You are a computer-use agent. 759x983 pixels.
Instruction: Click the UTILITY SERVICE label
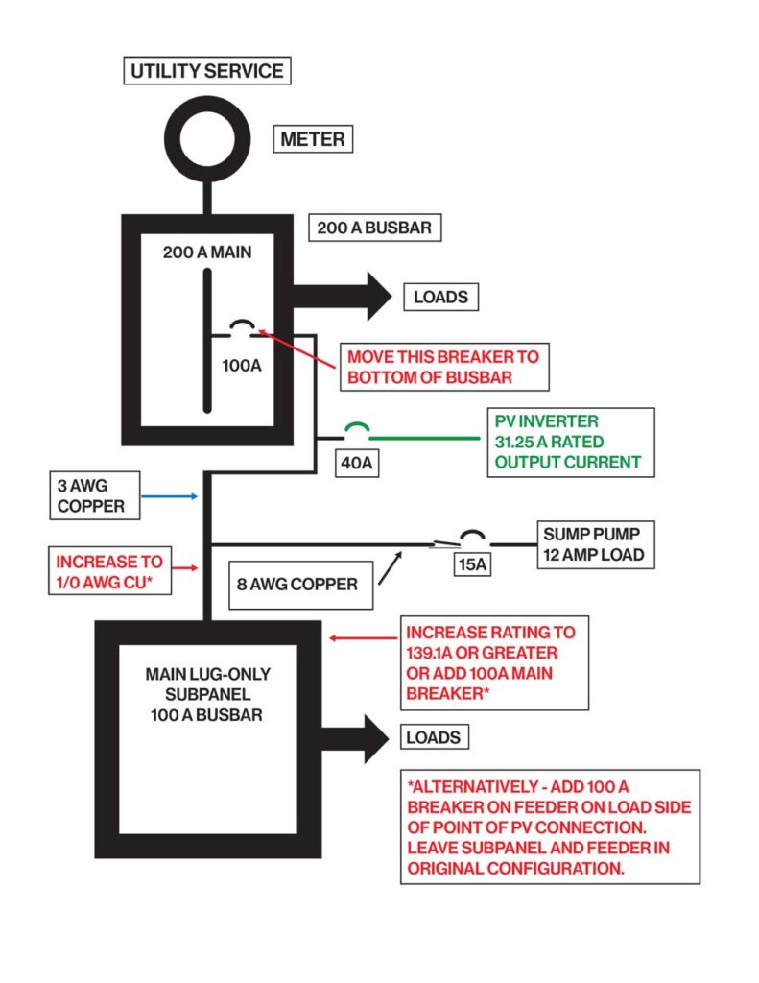coord(206,71)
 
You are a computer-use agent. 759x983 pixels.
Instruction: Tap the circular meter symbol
coord(206,137)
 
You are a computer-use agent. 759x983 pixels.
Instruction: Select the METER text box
coord(312,139)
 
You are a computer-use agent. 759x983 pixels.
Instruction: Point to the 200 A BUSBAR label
coord(376,228)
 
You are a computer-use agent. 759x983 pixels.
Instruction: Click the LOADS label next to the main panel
coord(440,297)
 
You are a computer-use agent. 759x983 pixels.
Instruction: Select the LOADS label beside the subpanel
coord(433,737)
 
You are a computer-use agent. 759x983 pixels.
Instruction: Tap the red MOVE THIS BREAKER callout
coord(442,366)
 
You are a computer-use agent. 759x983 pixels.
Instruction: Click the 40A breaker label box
coord(355,463)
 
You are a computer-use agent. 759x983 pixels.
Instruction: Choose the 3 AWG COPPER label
coord(97,495)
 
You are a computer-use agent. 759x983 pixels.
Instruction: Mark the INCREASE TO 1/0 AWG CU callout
coord(108,571)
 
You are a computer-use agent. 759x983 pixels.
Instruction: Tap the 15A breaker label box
coord(471,564)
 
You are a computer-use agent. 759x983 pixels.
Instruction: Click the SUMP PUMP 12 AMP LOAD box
coord(593,543)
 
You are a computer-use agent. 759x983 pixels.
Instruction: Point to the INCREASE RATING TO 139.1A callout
coord(493,662)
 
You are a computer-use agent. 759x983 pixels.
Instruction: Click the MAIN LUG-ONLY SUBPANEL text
coord(207,693)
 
